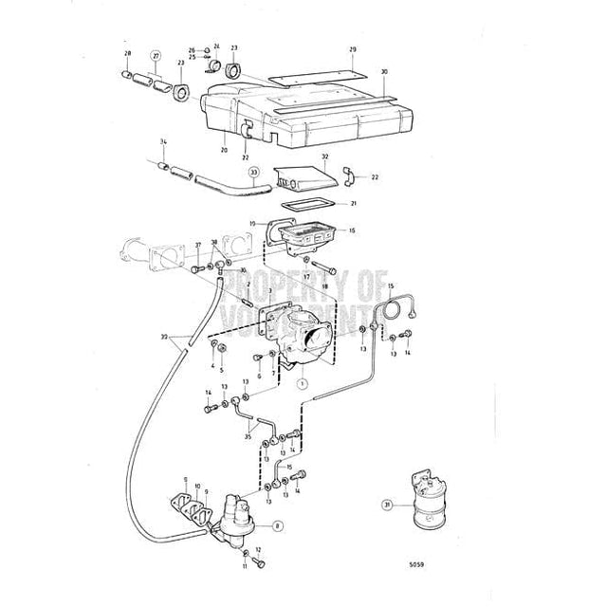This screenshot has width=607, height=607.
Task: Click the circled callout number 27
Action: coord(156,56)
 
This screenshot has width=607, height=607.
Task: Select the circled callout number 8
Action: coord(277,524)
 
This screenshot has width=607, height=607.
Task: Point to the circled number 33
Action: coord(254,173)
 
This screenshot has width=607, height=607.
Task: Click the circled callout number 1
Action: coord(301,384)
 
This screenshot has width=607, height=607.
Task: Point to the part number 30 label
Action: coord(384,71)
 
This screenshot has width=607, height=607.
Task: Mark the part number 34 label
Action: coord(163,142)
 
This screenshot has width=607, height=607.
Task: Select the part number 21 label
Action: coord(354,203)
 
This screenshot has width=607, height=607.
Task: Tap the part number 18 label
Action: coord(325,285)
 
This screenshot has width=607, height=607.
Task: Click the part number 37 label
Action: coord(197,245)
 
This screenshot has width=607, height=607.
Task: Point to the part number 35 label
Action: coord(248,438)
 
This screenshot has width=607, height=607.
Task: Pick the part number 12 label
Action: coord(257,550)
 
